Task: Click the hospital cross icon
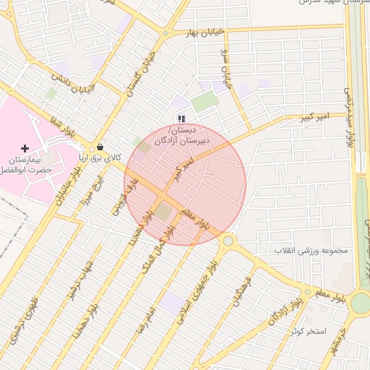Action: pos(25,147)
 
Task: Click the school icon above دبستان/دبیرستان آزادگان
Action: pos(182,119)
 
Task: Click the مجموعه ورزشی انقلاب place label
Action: pos(310,251)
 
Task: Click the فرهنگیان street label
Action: pos(241,289)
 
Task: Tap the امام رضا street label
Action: pos(150,314)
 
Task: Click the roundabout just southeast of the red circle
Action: pos(228,241)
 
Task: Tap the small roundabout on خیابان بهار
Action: pos(165,33)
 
